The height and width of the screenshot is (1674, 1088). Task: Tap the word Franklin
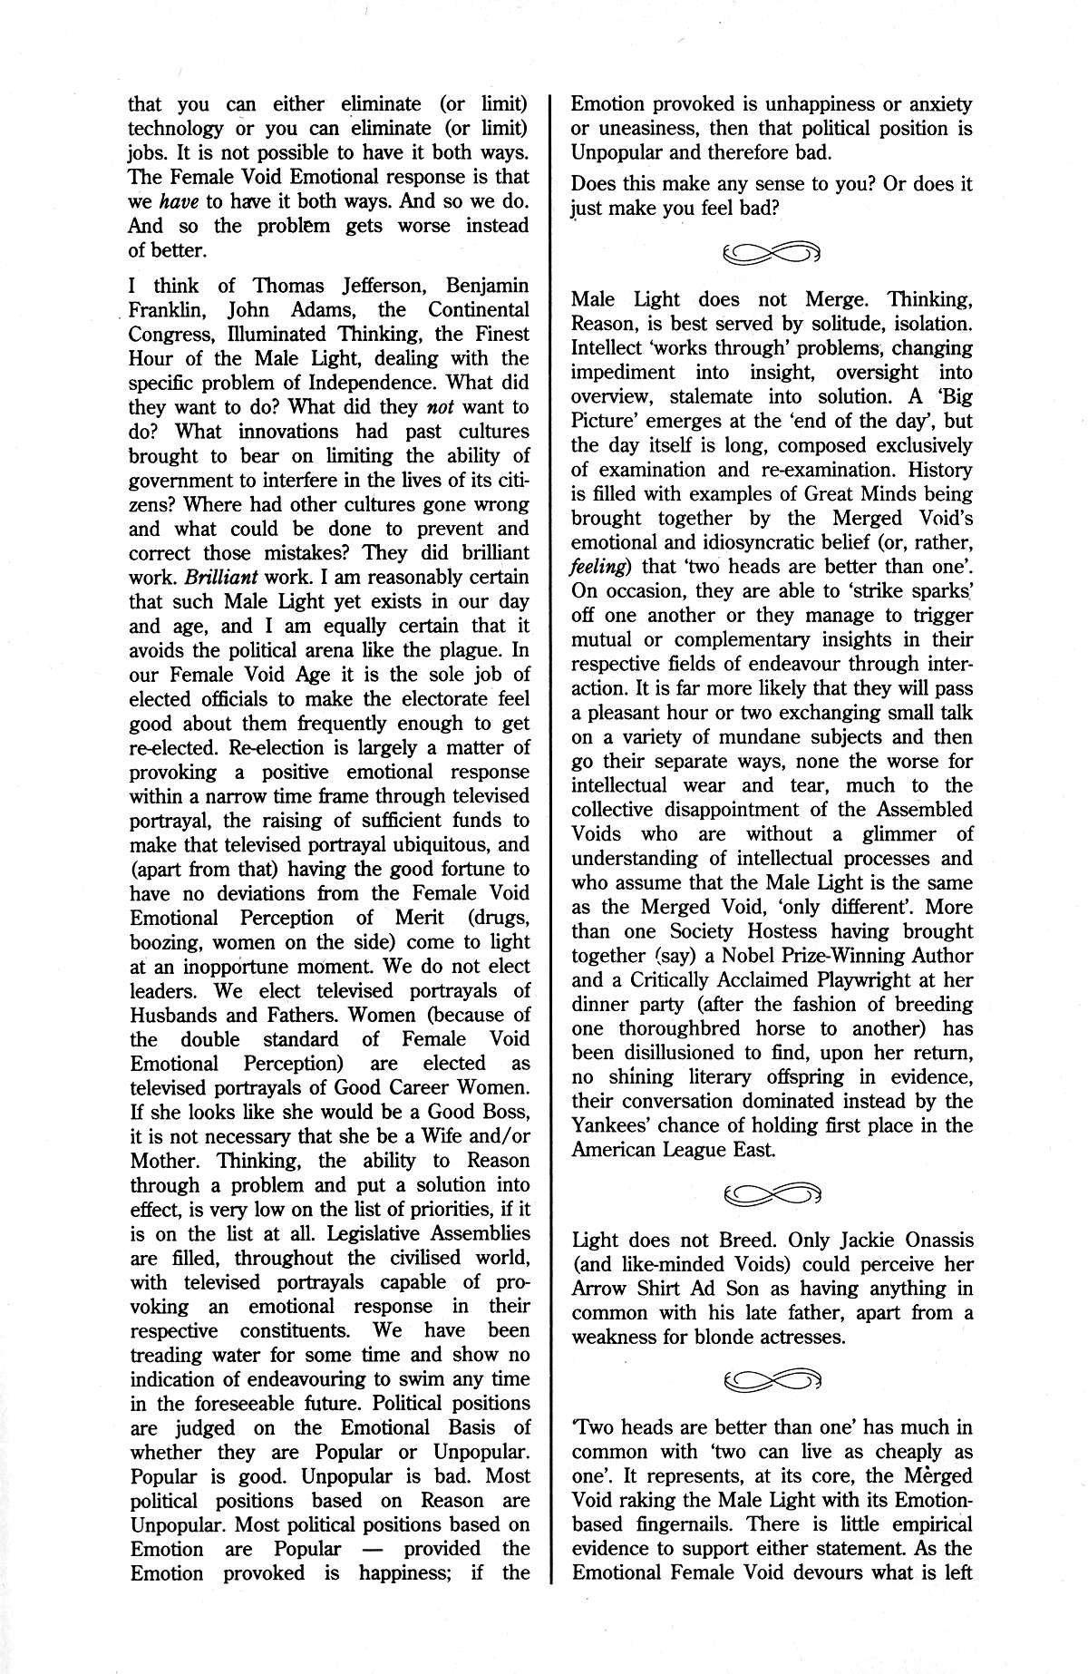point(166,310)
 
